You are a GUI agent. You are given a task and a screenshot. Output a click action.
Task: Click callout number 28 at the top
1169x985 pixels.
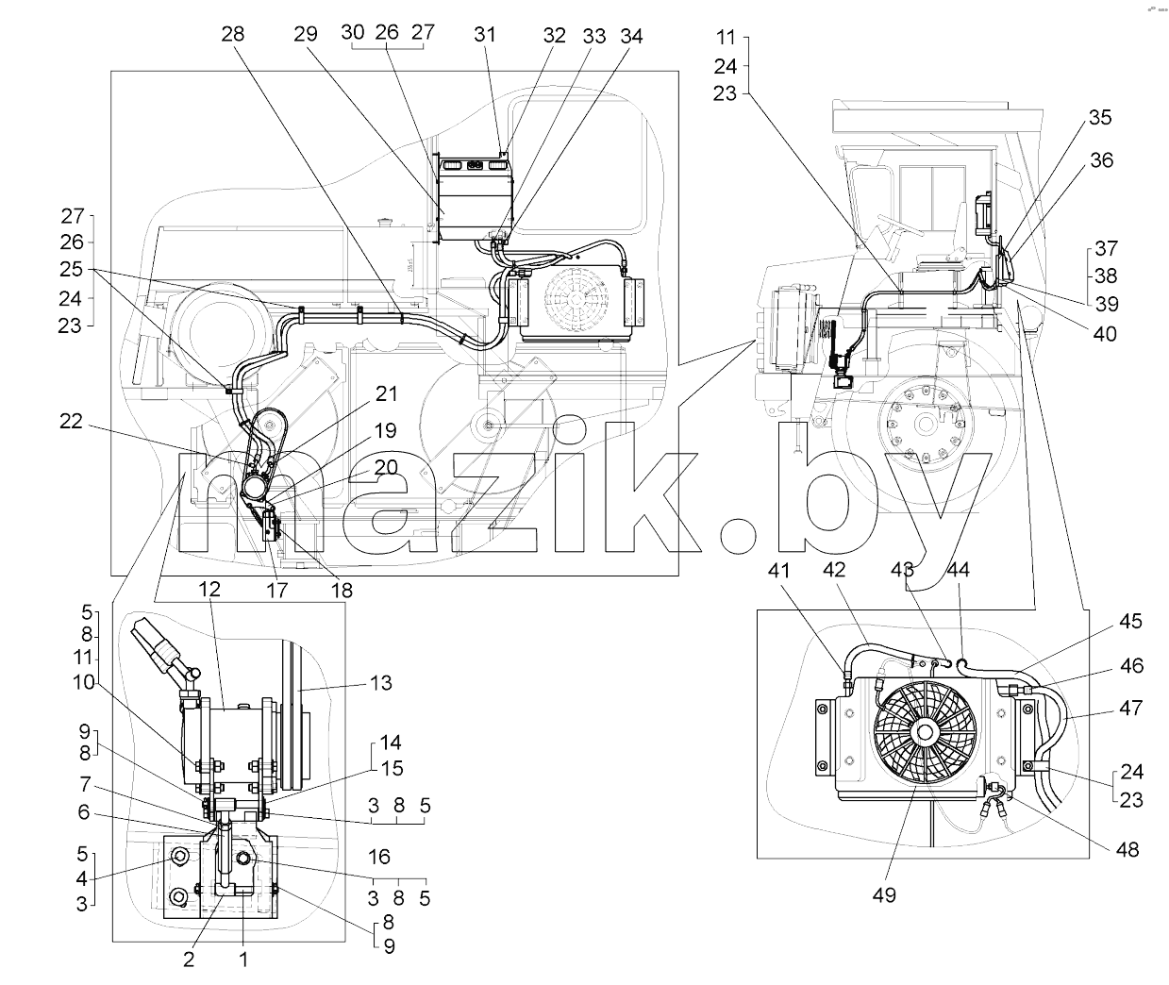pyautogui.click(x=232, y=34)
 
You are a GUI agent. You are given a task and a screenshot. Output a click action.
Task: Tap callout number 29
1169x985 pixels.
pyautogui.click(x=305, y=34)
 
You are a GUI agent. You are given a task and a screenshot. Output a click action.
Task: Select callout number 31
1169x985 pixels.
pyautogui.click(x=485, y=35)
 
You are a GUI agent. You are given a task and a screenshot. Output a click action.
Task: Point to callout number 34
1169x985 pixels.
pyautogui.click(x=631, y=37)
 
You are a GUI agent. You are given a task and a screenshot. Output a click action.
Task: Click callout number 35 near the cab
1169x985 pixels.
pyautogui.click(x=1099, y=118)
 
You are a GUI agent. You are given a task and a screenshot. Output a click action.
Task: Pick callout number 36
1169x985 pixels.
pyautogui.click(x=1101, y=160)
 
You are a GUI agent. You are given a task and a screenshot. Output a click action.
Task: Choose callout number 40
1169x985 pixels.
pyautogui.click(x=1105, y=334)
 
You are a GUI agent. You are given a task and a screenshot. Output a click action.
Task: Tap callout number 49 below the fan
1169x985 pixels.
pyautogui.click(x=884, y=895)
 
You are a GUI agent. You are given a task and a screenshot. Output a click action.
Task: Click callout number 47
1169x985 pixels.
pyautogui.click(x=1130, y=709)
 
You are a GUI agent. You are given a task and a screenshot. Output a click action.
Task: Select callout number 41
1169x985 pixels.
pyautogui.click(x=778, y=571)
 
